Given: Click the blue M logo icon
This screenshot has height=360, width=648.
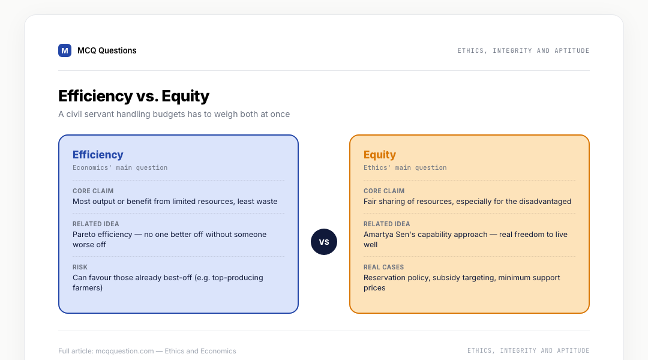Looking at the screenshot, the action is [x=64, y=50].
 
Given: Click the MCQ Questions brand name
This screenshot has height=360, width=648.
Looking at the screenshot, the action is [x=107, y=50].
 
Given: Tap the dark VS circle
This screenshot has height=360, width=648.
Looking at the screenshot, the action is [x=324, y=242].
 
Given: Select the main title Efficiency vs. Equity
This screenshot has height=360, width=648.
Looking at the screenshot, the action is [x=133, y=96].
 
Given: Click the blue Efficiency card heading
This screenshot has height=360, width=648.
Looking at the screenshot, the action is [x=98, y=155].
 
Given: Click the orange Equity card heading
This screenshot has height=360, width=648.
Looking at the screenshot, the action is [x=380, y=155].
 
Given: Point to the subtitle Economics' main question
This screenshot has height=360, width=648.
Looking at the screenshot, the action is [x=120, y=167].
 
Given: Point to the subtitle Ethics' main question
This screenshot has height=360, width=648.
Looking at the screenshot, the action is [x=405, y=167].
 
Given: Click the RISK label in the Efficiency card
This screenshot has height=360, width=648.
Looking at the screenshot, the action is [x=80, y=267].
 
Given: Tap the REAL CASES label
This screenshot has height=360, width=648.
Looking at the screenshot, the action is [x=383, y=267].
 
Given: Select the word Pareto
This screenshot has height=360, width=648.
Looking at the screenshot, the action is [x=85, y=235].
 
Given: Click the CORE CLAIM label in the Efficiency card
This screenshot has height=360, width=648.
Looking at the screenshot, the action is [x=93, y=191].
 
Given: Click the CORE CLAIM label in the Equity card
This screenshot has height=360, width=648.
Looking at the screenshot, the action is [x=384, y=191].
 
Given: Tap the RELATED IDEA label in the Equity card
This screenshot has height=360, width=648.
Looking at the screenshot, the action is [x=387, y=224].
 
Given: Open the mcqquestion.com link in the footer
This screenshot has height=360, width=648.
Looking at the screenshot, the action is [x=124, y=351].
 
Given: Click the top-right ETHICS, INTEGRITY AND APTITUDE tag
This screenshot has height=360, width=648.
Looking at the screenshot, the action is [x=523, y=50].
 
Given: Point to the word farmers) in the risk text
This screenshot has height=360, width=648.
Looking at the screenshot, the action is [x=88, y=287].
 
